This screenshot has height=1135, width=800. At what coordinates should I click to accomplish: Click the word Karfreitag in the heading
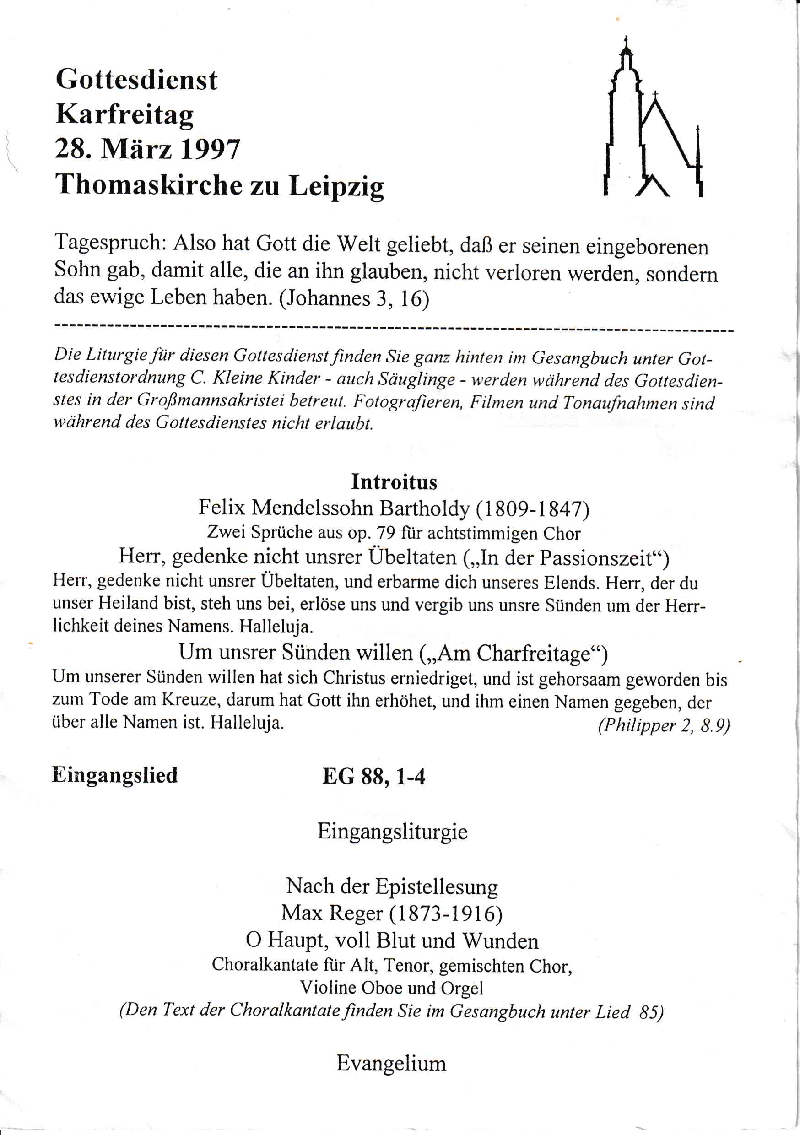(124, 115)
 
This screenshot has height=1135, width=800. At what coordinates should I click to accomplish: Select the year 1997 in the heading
(210, 149)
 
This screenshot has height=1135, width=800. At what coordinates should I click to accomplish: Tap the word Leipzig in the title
(336, 186)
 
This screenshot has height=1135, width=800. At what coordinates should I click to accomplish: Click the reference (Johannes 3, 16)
(354, 298)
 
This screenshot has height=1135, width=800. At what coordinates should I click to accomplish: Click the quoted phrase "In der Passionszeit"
(566, 558)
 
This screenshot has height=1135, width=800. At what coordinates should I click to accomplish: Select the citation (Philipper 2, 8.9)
(664, 725)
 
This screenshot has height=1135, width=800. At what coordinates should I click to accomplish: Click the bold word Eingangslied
(115, 775)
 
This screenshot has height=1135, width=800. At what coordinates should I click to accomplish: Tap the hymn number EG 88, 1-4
(374, 777)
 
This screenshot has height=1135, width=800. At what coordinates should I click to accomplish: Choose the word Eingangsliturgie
(392, 832)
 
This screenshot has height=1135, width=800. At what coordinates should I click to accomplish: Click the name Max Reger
(332, 913)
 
